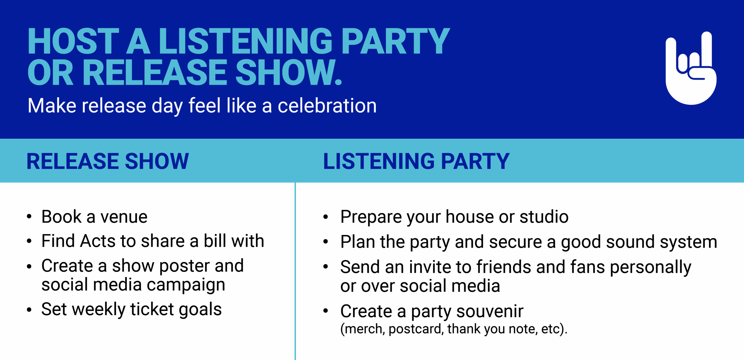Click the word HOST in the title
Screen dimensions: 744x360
pyautogui.click(x=74, y=41)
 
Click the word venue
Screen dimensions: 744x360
pyautogui.click(x=124, y=217)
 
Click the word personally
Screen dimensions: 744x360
pyautogui.click(x=650, y=268)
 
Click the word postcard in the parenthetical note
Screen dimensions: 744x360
pyautogui.click(x=416, y=329)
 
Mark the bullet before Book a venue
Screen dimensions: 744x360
pyautogui.click(x=29, y=217)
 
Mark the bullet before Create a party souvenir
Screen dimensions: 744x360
pyautogui.click(x=325, y=311)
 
